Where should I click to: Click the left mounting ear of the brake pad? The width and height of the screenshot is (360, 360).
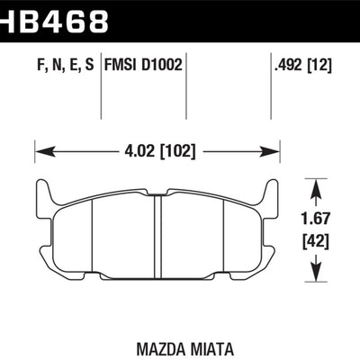click(x=42, y=200)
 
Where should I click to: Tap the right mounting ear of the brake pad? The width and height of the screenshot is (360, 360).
click(x=274, y=200)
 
